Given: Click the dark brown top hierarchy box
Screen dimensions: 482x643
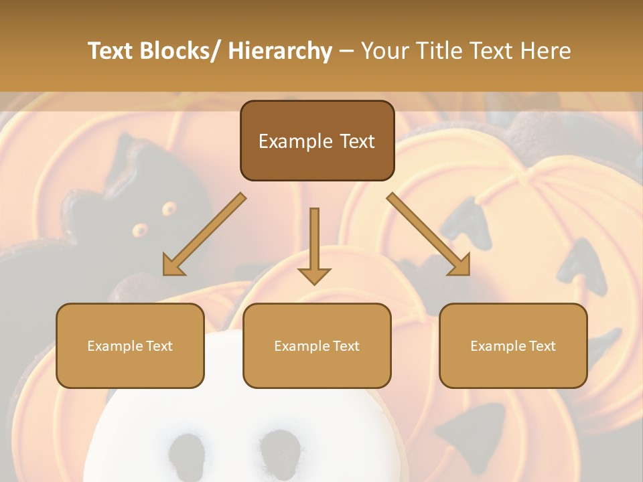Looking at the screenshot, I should (317, 141).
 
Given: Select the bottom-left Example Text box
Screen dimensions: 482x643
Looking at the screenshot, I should (130, 345).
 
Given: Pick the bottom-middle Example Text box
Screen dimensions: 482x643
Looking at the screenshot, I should (317, 345).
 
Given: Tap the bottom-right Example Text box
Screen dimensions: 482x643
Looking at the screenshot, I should (513, 345).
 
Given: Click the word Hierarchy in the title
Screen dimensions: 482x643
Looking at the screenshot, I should (280, 52).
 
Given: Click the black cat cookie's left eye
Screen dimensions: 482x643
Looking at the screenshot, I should (139, 230).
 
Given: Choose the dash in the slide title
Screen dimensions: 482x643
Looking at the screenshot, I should (346, 52).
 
